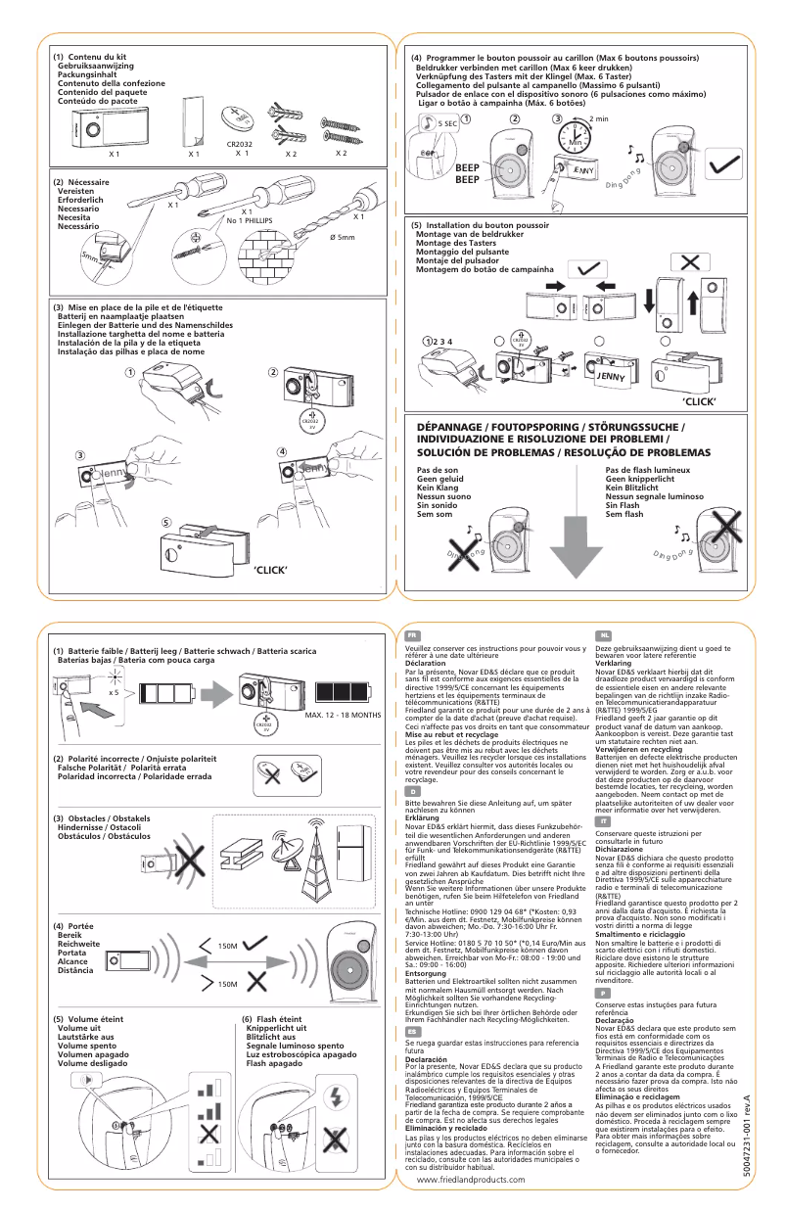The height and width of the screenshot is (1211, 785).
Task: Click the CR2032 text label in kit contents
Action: pyautogui.click(x=240, y=143)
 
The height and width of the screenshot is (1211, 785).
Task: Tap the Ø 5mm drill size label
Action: pyautogui.click(x=339, y=238)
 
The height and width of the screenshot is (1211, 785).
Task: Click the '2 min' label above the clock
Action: pyautogui.click(x=599, y=119)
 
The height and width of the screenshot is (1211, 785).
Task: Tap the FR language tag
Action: pyautogui.click(x=413, y=635)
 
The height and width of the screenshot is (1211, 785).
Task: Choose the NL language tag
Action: pyautogui.click(x=603, y=635)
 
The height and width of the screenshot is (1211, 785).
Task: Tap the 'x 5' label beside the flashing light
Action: pyautogui.click(x=115, y=691)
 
